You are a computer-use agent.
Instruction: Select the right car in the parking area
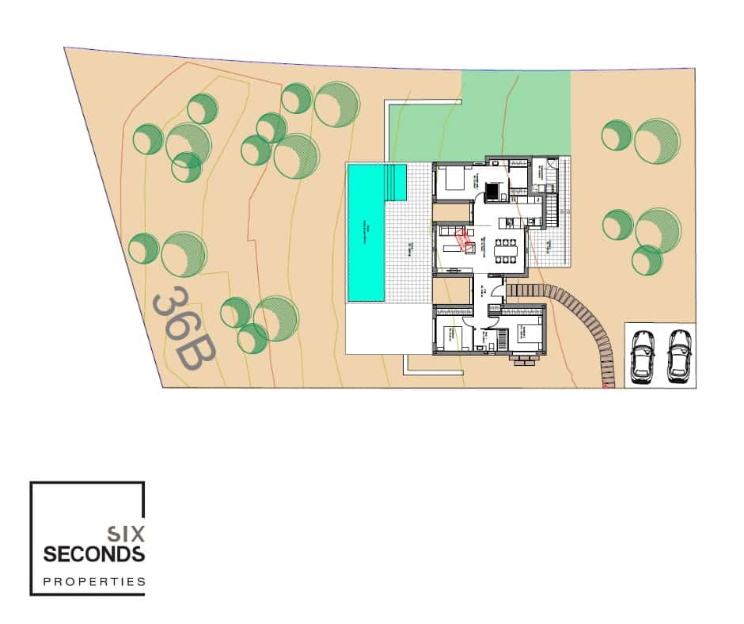click(x=678, y=355)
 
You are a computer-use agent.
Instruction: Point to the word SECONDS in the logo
click(x=93, y=554)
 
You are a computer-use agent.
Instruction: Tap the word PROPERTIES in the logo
click(x=93, y=582)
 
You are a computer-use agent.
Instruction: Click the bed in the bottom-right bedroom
click(x=526, y=333)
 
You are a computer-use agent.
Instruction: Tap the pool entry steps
click(x=394, y=182)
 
